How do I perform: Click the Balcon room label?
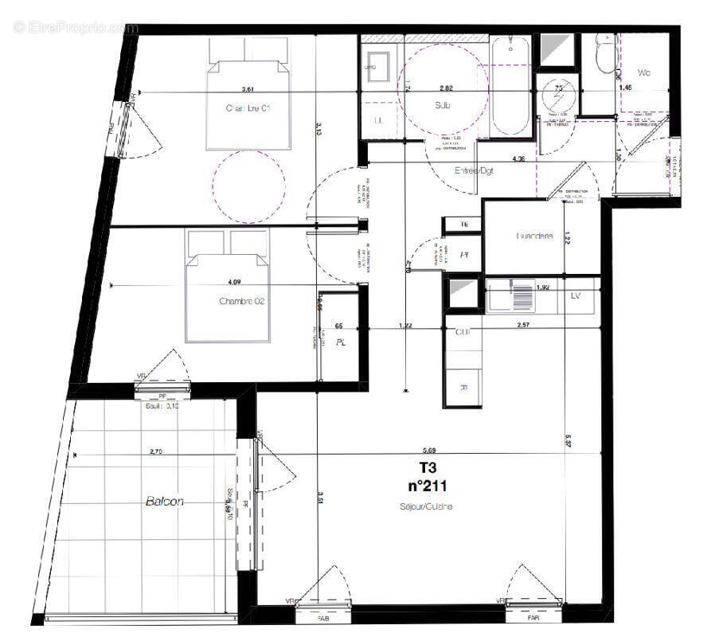[x=166, y=502]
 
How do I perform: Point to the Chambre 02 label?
[x=241, y=302]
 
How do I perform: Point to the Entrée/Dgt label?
[x=475, y=170]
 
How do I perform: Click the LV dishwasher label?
[x=576, y=296]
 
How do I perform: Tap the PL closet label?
[x=340, y=344]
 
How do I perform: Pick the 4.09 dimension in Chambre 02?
[x=234, y=281]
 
